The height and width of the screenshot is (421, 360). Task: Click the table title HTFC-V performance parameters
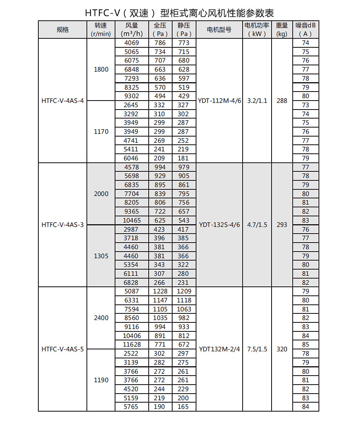(x=180, y=13)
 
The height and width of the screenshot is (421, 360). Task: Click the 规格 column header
(x=63, y=30)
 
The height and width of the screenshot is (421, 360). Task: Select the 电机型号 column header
(x=219, y=30)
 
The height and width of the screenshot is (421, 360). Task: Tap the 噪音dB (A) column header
(x=306, y=30)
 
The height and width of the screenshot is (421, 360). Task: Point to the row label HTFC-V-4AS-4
(x=63, y=101)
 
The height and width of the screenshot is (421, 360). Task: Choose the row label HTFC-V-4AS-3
(x=63, y=225)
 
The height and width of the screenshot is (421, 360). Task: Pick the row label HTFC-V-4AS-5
(x=63, y=349)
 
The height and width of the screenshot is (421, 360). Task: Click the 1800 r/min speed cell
(x=101, y=70)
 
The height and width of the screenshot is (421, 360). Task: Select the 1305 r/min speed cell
(x=101, y=256)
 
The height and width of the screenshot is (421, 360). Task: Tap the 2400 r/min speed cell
(x=101, y=318)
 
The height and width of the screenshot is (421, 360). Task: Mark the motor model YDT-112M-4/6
(x=219, y=101)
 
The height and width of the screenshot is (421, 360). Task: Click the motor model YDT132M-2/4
(x=219, y=349)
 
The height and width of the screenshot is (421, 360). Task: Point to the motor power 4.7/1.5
(x=257, y=225)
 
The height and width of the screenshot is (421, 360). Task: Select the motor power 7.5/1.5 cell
(x=257, y=349)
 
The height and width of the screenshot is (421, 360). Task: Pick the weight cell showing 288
(x=282, y=101)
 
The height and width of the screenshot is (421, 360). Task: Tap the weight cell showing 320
(x=282, y=349)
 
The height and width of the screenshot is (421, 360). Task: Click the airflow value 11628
(x=131, y=345)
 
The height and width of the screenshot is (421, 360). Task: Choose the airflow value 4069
(x=131, y=43)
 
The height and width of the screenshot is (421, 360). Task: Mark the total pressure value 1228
(x=160, y=291)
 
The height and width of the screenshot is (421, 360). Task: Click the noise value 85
(x=306, y=345)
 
